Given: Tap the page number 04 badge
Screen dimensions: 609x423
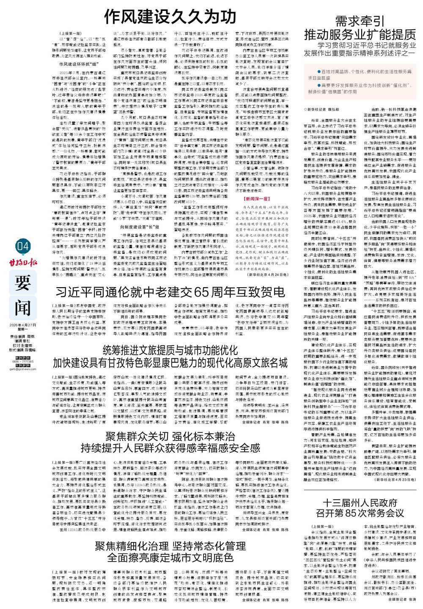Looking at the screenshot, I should point(22,246).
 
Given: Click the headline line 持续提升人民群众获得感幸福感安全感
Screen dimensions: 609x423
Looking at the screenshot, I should point(171,448).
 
